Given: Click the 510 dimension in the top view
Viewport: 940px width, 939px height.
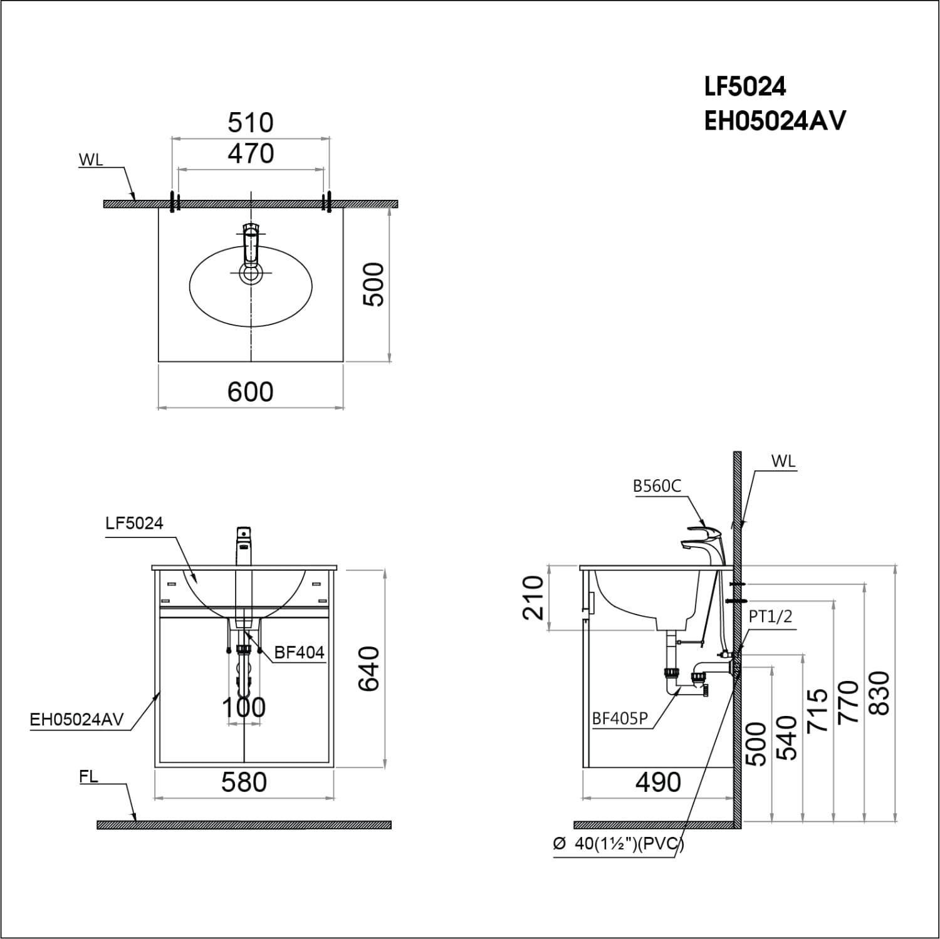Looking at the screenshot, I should point(251,123).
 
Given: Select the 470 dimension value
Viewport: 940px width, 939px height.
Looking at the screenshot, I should point(251,153).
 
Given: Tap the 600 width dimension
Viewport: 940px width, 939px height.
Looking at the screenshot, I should point(250,392).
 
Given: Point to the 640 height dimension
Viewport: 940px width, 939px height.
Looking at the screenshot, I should point(369,668).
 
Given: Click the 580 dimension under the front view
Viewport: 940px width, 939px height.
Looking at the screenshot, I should point(244,782).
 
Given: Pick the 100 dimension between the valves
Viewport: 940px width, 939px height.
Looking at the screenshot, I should point(244,708).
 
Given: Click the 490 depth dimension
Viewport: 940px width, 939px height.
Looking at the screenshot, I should point(658,782).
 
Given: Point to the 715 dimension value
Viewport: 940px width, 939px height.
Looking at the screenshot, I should point(818,710).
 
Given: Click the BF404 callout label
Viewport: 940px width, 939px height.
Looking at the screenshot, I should point(300,653).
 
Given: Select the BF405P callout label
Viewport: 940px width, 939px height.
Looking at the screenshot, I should point(620,719).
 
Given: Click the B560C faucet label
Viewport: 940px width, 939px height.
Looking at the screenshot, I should point(656,486).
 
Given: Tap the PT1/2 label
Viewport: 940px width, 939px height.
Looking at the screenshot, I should point(770,616).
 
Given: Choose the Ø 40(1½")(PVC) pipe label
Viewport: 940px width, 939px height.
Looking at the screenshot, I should point(619,844).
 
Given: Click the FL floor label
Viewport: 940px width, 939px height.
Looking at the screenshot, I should point(88,777).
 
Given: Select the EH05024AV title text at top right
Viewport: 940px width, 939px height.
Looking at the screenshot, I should point(775,120).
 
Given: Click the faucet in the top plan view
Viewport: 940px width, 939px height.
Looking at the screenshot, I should point(250,251).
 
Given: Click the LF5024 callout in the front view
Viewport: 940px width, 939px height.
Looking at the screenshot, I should point(134,523).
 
